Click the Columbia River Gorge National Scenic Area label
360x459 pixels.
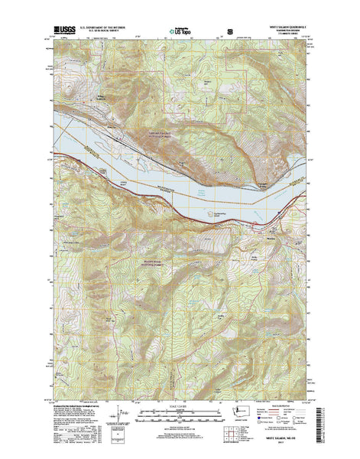pyautogui.click(x=163, y=135)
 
